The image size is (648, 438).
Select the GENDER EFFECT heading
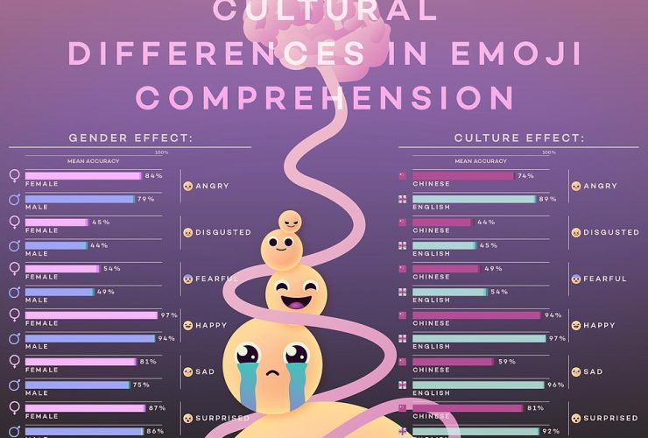(x=130, y=138)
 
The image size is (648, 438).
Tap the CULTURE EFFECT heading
(x=520, y=138)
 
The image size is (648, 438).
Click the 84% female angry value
(x=154, y=176)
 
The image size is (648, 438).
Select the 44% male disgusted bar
(x=58, y=245)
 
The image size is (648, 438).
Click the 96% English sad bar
(x=474, y=385)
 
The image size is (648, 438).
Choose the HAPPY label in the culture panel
(x=599, y=325)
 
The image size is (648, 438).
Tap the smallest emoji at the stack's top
(x=289, y=220)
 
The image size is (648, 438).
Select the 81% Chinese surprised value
(x=536, y=407)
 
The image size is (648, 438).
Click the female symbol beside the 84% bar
(x=14, y=176)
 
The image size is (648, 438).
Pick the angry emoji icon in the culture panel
(x=575, y=187)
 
